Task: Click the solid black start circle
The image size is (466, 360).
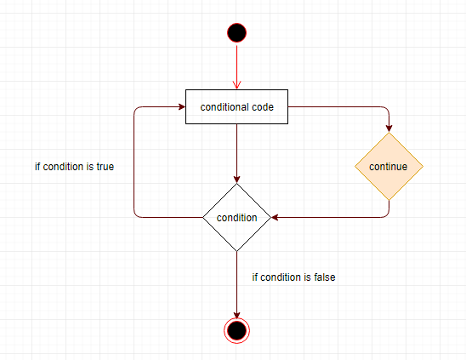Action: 237,32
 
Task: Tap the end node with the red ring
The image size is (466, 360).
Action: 237,330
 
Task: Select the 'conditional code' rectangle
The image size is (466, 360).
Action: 237,107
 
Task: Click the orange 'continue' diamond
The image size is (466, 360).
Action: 389,166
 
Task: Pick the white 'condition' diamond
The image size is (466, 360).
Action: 237,218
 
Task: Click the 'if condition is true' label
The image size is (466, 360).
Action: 74,167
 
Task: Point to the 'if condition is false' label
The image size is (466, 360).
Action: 293,277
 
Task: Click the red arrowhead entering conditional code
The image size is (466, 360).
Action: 237,85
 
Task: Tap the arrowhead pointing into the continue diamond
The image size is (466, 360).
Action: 389,129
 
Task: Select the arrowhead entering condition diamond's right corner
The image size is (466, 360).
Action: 275,218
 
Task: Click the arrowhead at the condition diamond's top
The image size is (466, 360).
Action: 237,180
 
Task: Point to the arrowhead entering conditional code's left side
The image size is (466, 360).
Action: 182,107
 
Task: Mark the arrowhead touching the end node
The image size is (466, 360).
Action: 237,315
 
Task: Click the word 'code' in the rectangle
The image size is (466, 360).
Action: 263,107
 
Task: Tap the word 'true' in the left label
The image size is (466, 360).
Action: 105,167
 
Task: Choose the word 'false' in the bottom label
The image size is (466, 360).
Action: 325,277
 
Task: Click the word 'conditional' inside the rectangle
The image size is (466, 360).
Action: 224,107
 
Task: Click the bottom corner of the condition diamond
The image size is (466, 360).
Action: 237,252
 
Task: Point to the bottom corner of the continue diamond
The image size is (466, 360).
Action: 389,201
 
